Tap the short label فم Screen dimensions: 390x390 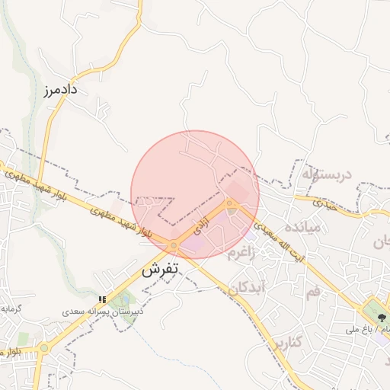[313, 293]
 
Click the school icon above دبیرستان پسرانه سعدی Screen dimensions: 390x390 [103, 299]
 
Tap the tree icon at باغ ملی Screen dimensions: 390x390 [375, 312]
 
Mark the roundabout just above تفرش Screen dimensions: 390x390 [174, 246]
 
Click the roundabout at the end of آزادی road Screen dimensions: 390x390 [231, 203]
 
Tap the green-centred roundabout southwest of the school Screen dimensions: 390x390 [43, 348]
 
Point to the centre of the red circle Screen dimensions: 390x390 [195, 194]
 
